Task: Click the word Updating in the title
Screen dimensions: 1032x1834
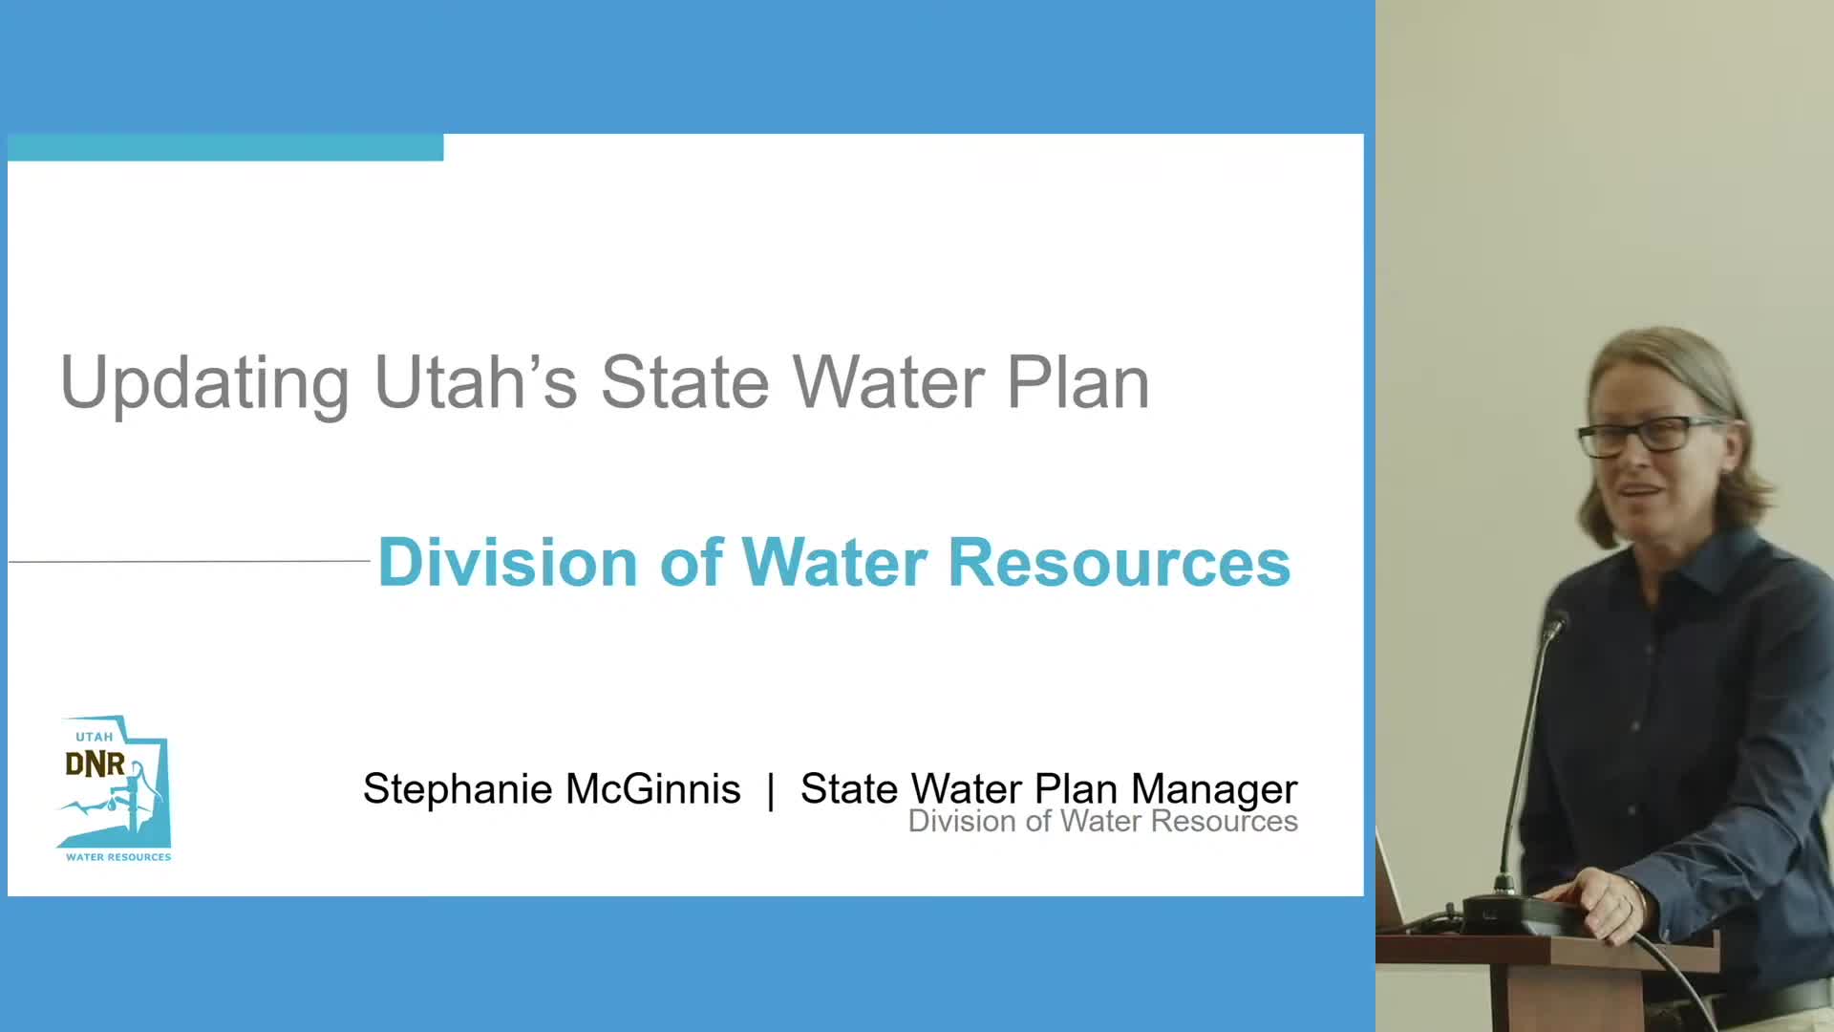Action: point(204,384)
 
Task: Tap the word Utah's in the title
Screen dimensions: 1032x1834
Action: point(476,382)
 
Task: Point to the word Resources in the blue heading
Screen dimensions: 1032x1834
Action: point(1119,562)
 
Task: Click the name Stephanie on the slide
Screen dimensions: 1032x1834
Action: point(458,789)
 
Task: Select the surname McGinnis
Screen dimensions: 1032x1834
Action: point(652,789)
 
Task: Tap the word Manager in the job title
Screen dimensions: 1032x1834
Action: point(1214,789)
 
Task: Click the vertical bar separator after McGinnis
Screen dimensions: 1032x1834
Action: point(771,791)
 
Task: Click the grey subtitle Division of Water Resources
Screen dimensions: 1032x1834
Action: point(1102,822)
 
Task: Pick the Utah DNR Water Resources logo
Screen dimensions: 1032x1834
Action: point(115,789)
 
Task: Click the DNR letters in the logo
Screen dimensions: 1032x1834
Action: point(95,764)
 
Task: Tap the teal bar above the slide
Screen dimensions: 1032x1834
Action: point(225,147)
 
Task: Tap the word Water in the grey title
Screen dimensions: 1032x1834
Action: point(890,382)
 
